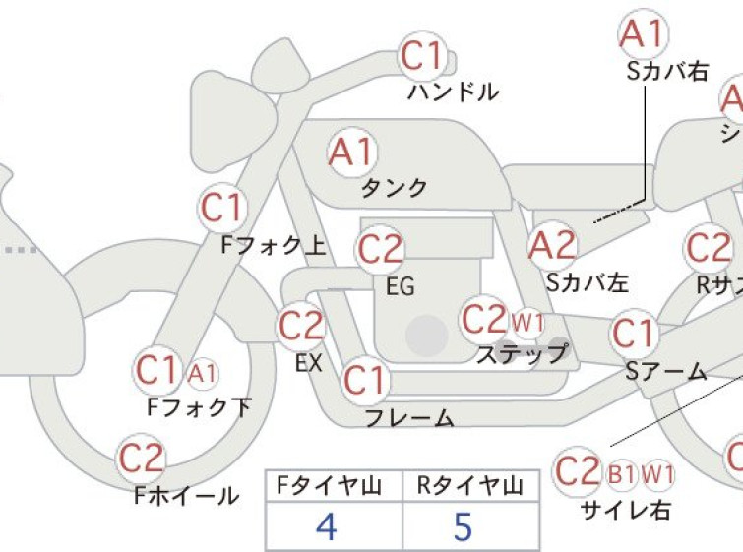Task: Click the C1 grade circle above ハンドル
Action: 423,57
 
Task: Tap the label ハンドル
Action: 453,93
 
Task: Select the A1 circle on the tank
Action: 352,153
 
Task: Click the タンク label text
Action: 395,188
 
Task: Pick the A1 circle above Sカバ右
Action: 643,35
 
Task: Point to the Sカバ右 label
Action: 666,71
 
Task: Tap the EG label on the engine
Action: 400,287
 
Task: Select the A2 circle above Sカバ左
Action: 551,245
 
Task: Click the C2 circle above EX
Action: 301,326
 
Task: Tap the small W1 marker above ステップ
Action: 527,321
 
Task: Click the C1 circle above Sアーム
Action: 634,335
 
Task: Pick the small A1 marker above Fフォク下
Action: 202,373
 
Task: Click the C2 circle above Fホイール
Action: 141,458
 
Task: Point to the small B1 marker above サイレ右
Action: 621,474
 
